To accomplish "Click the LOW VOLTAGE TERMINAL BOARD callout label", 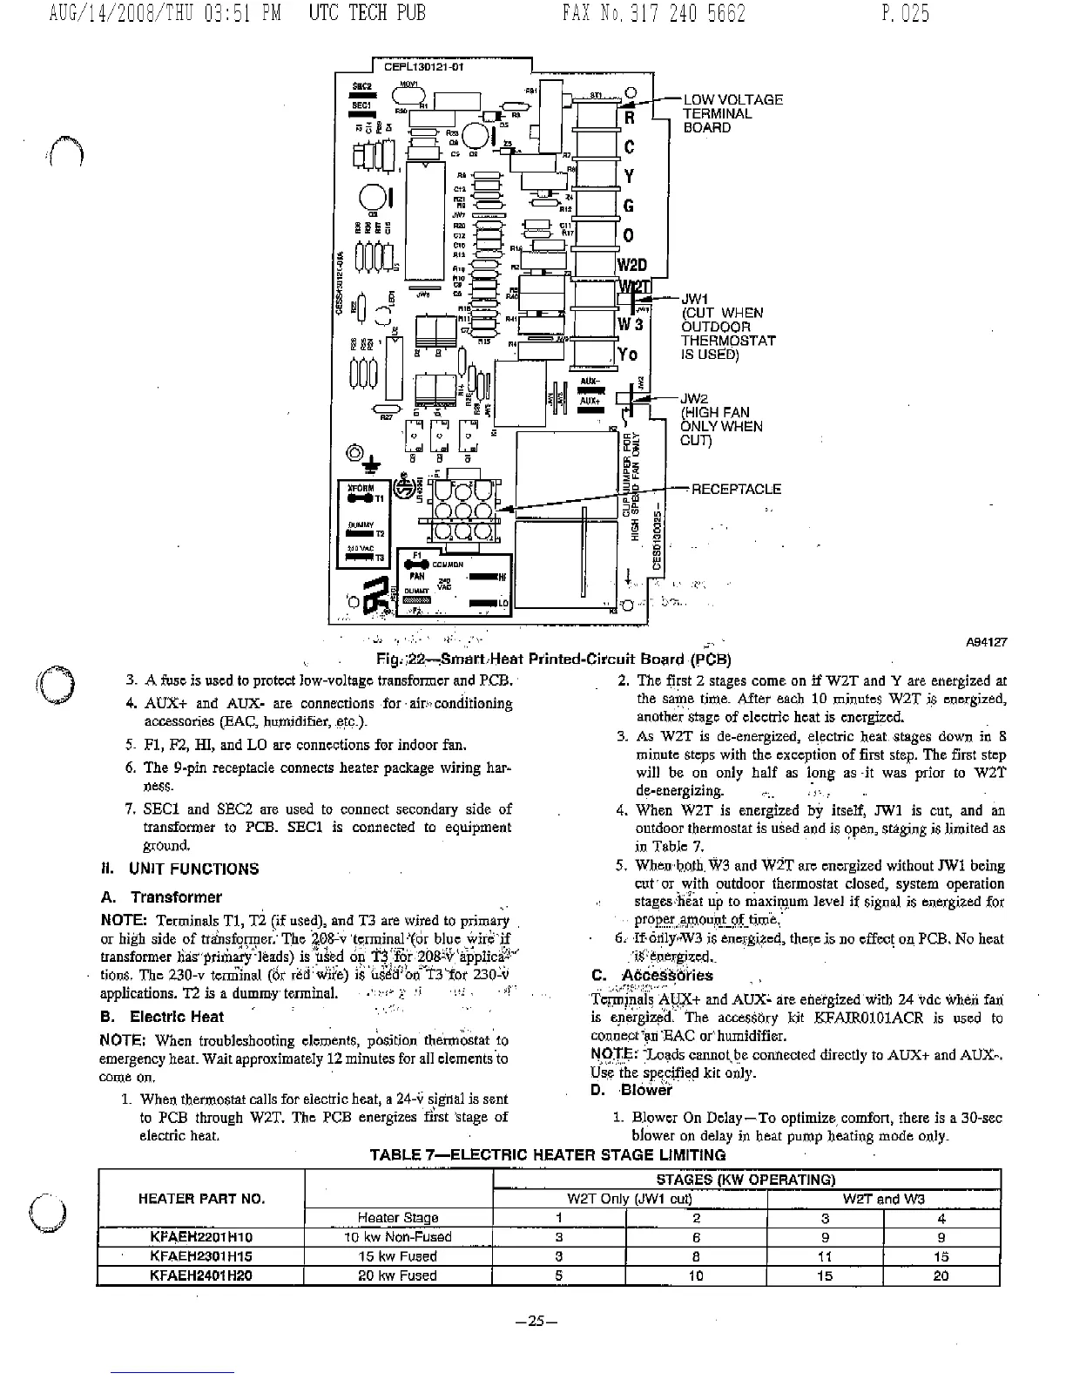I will pyautogui.click(x=732, y=113).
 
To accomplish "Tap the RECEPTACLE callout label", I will pyautogui.click(x=736, y=489).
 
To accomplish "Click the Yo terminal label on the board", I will pyautogui.click(x=628, y=355).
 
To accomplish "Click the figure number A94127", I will pyautogui.click(x=987, y=642).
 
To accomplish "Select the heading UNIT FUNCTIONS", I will pyautogui.click(x=193, y=869).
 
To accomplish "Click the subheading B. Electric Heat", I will pyautogui.click(x=176, y=1017).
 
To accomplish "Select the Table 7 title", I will pyautogui.click(x=547, y=1155).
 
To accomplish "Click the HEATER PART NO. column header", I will pyautogui.click(x=201, y=1199).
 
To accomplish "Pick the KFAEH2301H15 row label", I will pyautogui.click(x=201, y=1256).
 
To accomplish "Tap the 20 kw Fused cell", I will pyautogui.click(x=398, y=1275).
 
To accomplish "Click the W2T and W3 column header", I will pyautogui.click(x=883, y=1199).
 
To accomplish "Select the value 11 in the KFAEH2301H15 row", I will pyautogui.click(x=825, y=1256).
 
